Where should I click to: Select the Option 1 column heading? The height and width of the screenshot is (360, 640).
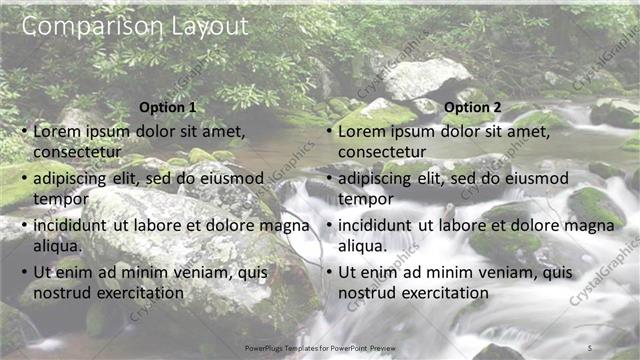click(x=168, y=108)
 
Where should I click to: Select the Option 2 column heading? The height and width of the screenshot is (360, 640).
click(x=473, y=108)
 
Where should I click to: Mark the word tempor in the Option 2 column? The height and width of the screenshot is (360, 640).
click(x=366, y=200)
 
